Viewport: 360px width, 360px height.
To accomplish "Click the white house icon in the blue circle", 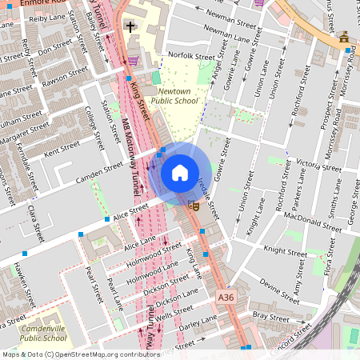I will [180, 173].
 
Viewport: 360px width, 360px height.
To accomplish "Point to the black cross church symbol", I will [130, 27].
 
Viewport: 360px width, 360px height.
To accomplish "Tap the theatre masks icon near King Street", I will [192, 206].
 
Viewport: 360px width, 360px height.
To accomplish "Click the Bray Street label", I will [270, 318].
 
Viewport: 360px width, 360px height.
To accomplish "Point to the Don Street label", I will [56, 49].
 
